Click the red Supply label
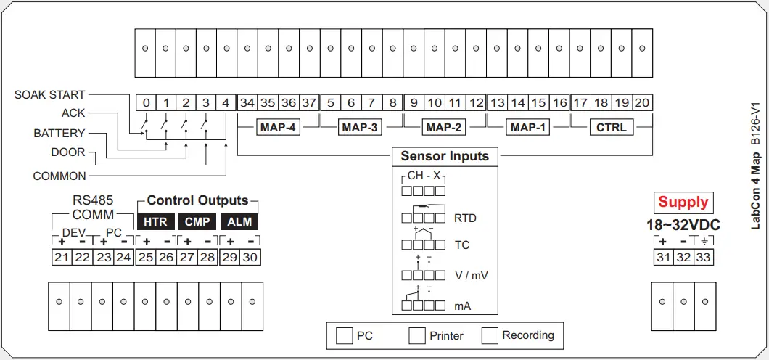tap(683, 202)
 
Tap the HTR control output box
tap(155, 221)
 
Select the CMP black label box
tap(197, 221)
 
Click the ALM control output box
tap(239, 221)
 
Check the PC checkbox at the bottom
tap(344, 335)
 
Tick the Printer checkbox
tap(416, 335)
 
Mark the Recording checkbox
tap(490, 335)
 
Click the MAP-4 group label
tap(277, 128)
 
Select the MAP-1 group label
tap(528, 128)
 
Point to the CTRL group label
tap(612, 128)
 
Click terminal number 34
tap(247, 103)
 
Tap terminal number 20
tap(641, 103)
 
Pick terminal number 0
tap(146, 103)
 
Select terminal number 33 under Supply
tap(704, 257)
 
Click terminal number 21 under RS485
tap(62, 257)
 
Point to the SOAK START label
tap(50, 95)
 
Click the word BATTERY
tap(59, 134)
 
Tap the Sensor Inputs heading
tap(445, 156)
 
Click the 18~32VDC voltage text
tap(683, 225)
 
